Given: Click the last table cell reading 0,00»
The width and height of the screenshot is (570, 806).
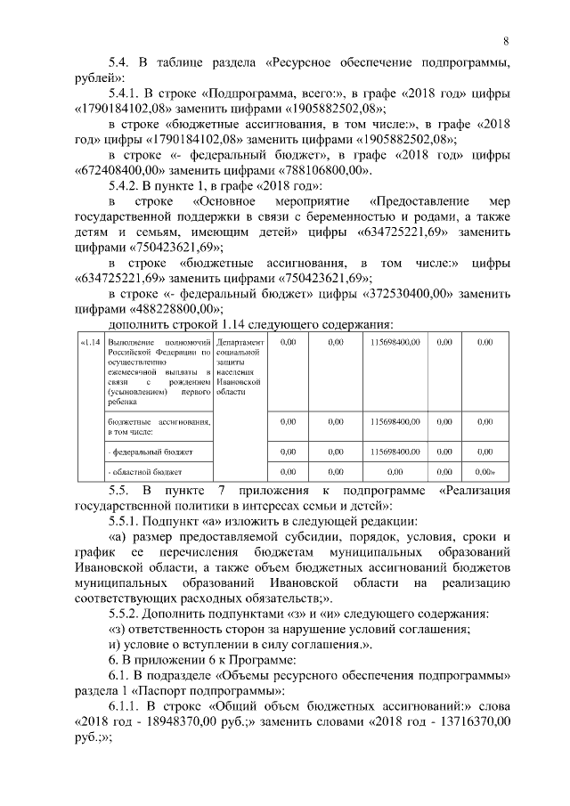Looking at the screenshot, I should coord(485,470).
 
